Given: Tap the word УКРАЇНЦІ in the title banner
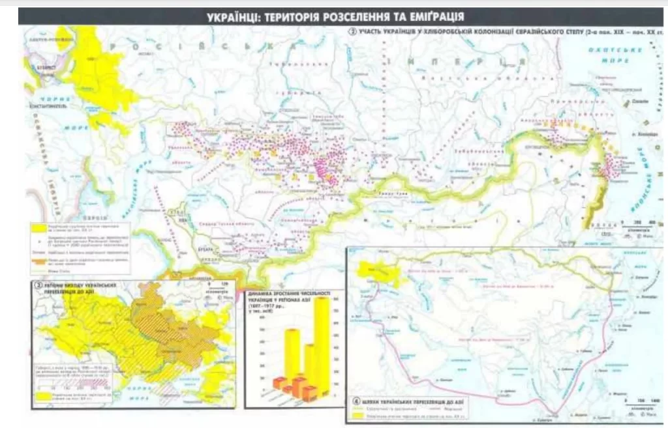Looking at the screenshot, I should (x=235, y=16).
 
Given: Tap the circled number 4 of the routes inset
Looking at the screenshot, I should (x=356, y=401).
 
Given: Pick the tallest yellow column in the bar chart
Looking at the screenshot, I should (x=322, y=345).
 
